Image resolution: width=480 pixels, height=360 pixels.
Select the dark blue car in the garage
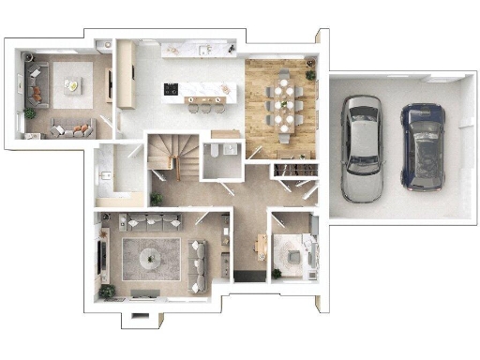pos(423,145)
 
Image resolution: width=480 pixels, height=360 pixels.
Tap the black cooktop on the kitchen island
pos(172,90)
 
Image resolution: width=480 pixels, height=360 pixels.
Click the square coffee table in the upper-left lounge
pos(71,87)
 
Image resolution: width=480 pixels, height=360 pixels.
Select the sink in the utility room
pos(105,175)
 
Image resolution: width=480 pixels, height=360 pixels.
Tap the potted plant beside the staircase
pos(156,199)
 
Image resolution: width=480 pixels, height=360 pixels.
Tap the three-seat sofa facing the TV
pos(200,256)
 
